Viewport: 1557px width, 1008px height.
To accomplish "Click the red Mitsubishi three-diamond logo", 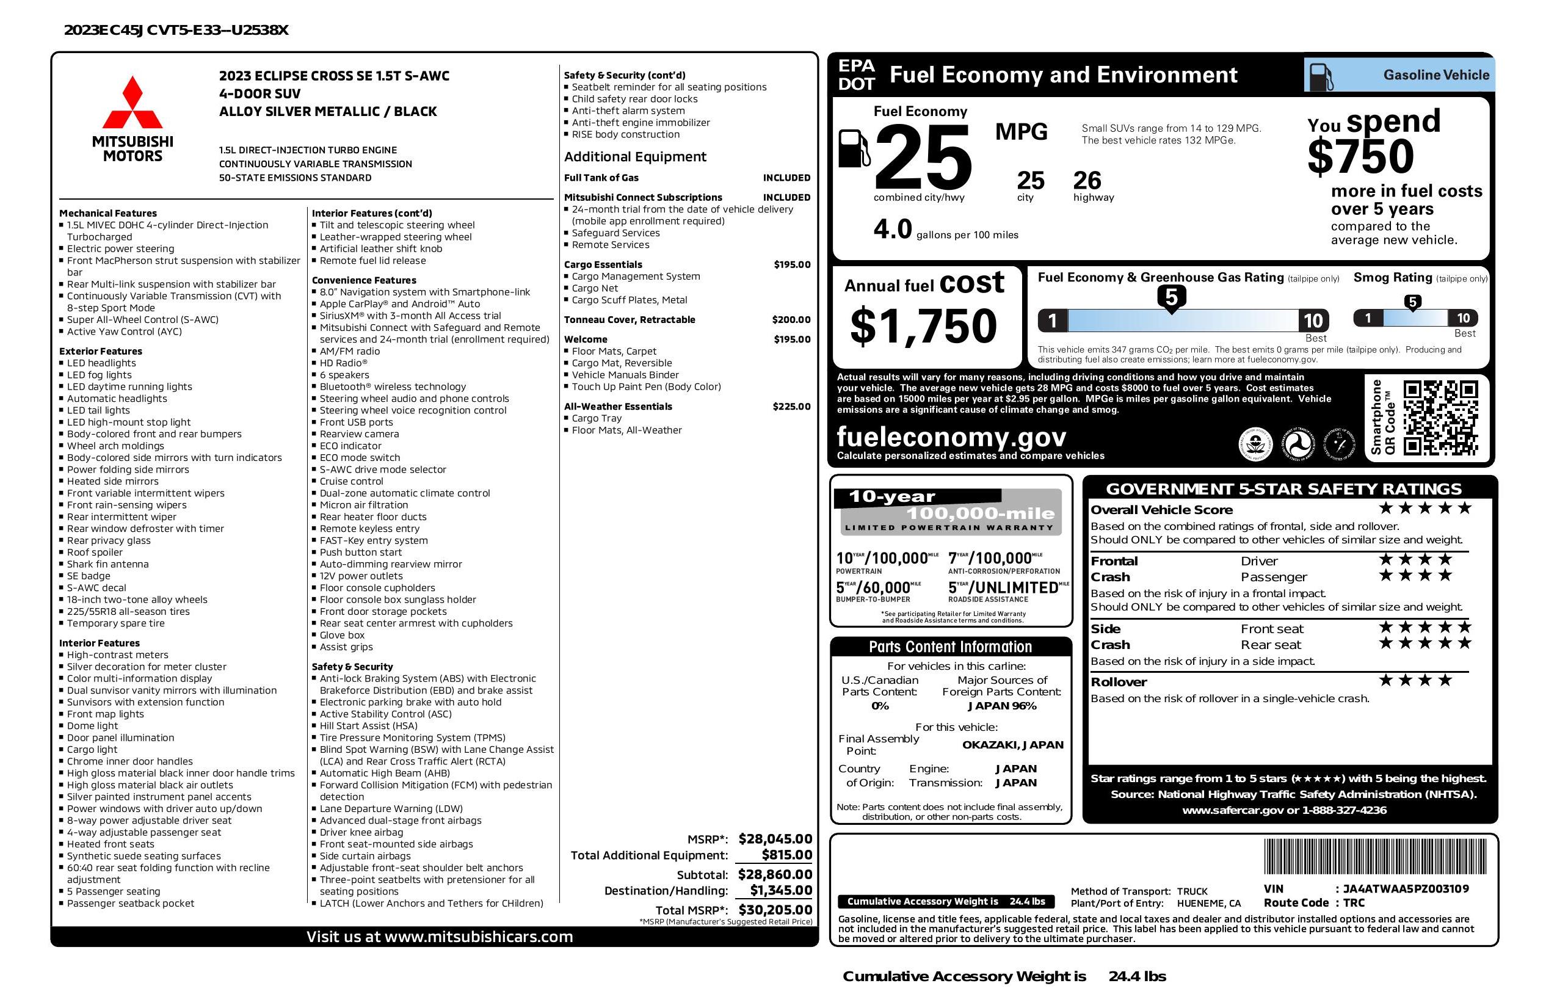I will coord(133,103).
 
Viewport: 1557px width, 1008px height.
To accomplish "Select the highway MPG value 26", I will coord(1087,181).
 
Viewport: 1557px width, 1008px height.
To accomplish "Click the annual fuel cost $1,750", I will coord(923,326).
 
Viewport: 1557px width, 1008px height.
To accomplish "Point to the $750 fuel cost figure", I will coord(1361,156).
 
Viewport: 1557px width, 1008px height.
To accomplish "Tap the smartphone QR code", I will coord(1440,418).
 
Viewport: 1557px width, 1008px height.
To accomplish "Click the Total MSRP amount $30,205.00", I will coord(775,909).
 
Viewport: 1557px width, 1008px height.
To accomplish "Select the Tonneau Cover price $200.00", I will coord(791,320).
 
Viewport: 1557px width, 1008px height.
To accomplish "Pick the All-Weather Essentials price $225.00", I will coord(791,406).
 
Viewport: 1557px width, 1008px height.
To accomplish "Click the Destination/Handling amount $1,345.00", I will coord(780,890).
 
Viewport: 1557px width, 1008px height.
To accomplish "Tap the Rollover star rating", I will coord(1415,680).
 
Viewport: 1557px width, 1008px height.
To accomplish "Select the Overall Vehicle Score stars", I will coord(1425,507).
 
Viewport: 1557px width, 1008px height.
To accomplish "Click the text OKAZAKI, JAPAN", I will coord(1013,744).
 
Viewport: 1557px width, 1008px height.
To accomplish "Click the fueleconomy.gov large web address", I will coord(951,437).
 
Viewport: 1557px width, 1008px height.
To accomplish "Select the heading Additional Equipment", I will coord(635,157).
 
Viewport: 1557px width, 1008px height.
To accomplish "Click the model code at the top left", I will coord(176,30).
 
